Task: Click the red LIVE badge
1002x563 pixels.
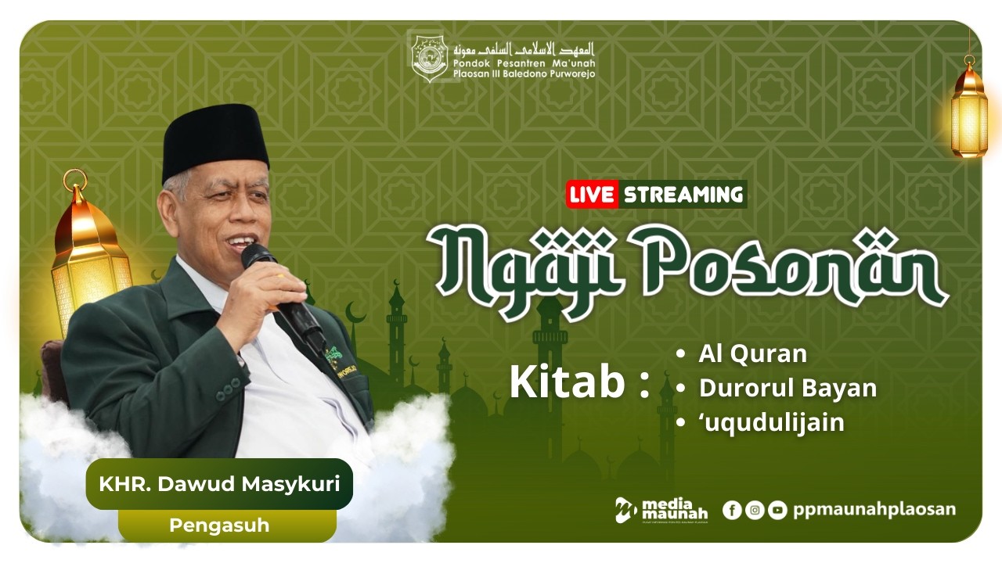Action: (592, 195)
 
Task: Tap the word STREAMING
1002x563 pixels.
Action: (683, 195)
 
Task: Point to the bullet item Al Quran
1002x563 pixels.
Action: (751, 354)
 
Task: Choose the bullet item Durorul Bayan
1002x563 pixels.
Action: (787, 389)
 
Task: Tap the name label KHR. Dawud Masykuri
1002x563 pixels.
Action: (219, 484)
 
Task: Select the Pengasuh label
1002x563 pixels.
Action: (219, 525)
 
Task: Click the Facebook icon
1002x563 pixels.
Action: (732, 511)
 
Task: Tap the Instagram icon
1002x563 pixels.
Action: (755, 511)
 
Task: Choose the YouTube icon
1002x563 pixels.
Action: (777, 511)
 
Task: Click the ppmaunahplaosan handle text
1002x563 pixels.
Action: (874, 510)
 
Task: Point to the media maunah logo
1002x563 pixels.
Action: (661, 510)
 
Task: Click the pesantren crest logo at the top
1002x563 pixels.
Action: (429, 56)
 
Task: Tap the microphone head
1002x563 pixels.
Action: (258, 256)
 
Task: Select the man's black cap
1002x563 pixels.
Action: (215, 141)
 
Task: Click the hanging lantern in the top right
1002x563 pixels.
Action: (969, 109)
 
